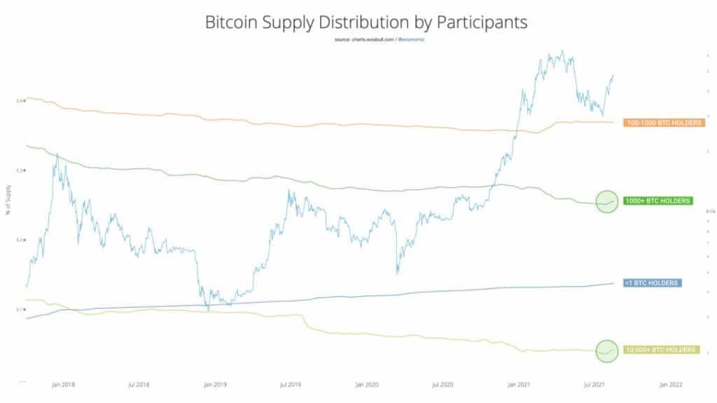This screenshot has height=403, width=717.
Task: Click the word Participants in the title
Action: click(481, 22)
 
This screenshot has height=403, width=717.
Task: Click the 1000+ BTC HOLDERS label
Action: click(657, 201)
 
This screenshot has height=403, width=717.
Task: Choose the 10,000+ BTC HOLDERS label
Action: click(662, 349)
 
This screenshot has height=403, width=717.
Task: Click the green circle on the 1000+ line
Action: click(607, 202)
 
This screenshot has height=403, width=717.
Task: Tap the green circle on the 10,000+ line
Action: click(607, 350)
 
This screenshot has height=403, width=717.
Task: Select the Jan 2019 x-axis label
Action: click(215, 385)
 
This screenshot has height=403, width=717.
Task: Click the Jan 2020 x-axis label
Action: click(367, 385)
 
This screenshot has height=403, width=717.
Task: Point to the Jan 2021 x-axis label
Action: click(519, 385)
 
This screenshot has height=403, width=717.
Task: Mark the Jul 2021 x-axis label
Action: click(594, 385)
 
